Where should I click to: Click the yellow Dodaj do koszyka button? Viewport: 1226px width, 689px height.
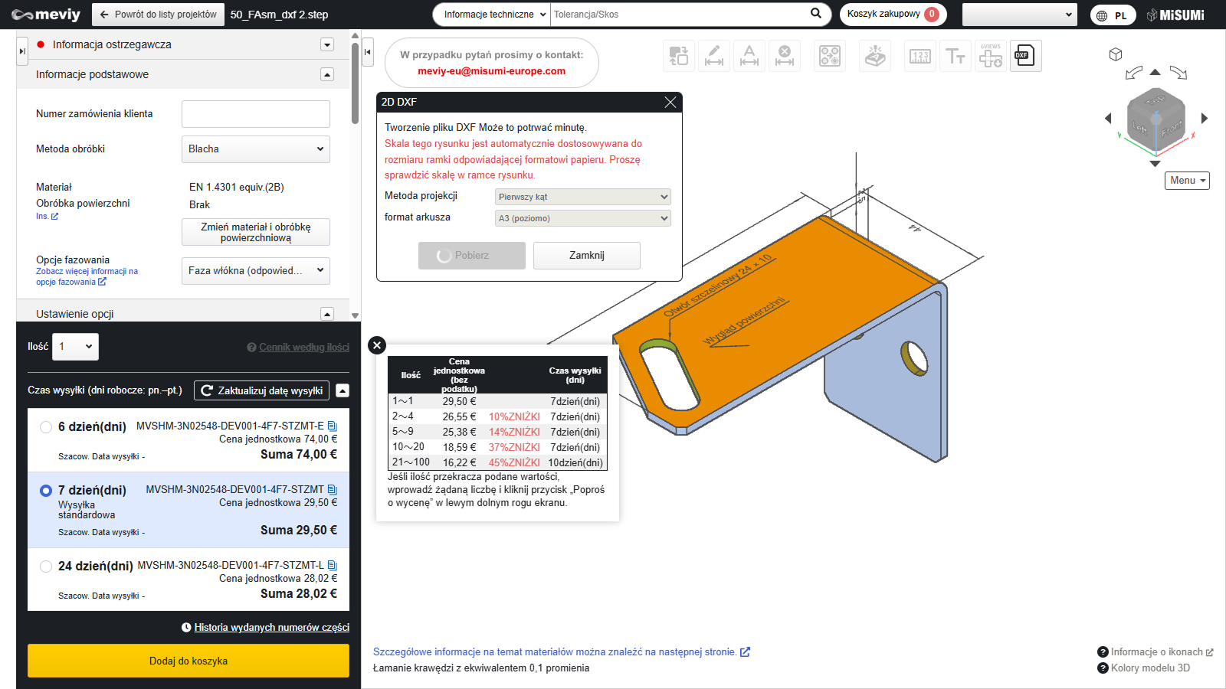coord(188,661)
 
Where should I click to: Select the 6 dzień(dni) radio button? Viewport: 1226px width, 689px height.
coord(46,427)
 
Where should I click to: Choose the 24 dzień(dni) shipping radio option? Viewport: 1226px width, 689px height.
coord(46,566)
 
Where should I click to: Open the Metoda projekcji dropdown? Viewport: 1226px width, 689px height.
coord(582,197)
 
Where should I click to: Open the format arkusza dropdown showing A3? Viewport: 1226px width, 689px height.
coord(582,218)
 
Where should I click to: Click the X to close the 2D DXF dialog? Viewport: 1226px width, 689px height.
coord(670,103)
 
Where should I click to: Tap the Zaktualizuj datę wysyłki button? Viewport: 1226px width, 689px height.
coord(261,390)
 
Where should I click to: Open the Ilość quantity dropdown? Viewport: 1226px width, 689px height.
coord(76,347)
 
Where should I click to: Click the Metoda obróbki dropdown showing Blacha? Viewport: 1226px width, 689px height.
coord(256,149)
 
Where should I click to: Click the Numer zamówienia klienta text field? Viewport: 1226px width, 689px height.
coord(256,114)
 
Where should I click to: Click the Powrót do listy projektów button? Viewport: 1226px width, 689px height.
coord(158,15)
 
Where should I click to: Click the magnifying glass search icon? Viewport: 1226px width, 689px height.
coord(815,14)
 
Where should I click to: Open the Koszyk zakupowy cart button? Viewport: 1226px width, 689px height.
coord(893,15)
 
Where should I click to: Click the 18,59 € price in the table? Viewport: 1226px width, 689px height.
coord(459,447)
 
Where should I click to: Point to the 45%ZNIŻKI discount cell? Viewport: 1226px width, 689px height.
coord(514,462)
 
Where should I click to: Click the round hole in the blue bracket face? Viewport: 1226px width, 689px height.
coord(914,359)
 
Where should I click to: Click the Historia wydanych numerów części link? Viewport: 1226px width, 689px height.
coord(271,627)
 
